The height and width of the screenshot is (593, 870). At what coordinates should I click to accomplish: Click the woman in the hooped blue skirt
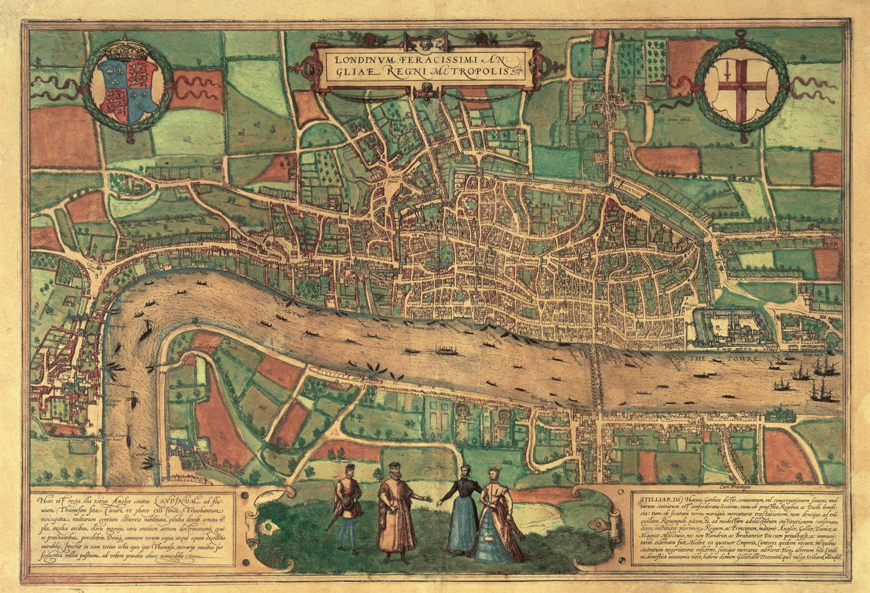click(498, 519)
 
